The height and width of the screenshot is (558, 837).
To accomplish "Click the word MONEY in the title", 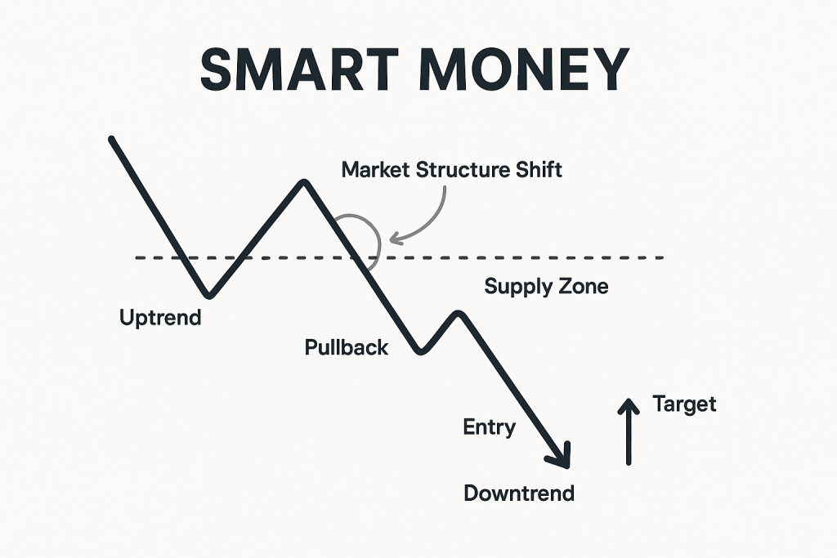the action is tap(524, 69).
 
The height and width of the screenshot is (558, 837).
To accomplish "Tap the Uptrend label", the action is tap(160, 318).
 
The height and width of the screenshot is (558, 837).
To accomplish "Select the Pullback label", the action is tap(347, 348).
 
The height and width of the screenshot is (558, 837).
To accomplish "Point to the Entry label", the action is tap(490, 427).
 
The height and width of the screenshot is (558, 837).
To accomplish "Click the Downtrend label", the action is tap(519, 493).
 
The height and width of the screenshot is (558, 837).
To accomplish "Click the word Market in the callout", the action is tap(376, 170).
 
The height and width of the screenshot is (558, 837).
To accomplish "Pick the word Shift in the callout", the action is tap(539, 170).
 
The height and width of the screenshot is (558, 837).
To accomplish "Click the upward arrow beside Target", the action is tap(629, 431).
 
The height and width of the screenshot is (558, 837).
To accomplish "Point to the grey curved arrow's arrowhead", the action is tap(394, 239).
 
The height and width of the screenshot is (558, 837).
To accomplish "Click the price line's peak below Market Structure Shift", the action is tap(304, 182).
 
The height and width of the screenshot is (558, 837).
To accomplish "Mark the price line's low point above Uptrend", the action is tap(208, 294).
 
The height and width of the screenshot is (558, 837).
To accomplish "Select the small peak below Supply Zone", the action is tap(459, 313).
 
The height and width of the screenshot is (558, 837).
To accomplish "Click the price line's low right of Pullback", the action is tap(421, 351).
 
